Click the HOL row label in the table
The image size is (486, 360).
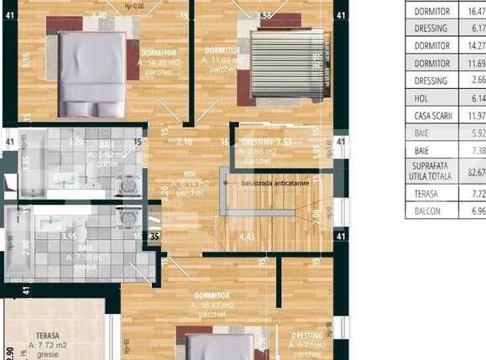432,98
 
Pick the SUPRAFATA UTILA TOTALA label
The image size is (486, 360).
432,172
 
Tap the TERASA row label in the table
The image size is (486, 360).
432,194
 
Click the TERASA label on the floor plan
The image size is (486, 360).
53,334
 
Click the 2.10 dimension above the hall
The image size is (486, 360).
185,142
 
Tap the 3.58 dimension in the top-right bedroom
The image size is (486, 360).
264,15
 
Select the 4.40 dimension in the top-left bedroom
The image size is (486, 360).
99,15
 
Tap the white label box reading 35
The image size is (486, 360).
154,237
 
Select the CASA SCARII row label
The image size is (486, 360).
432,115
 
